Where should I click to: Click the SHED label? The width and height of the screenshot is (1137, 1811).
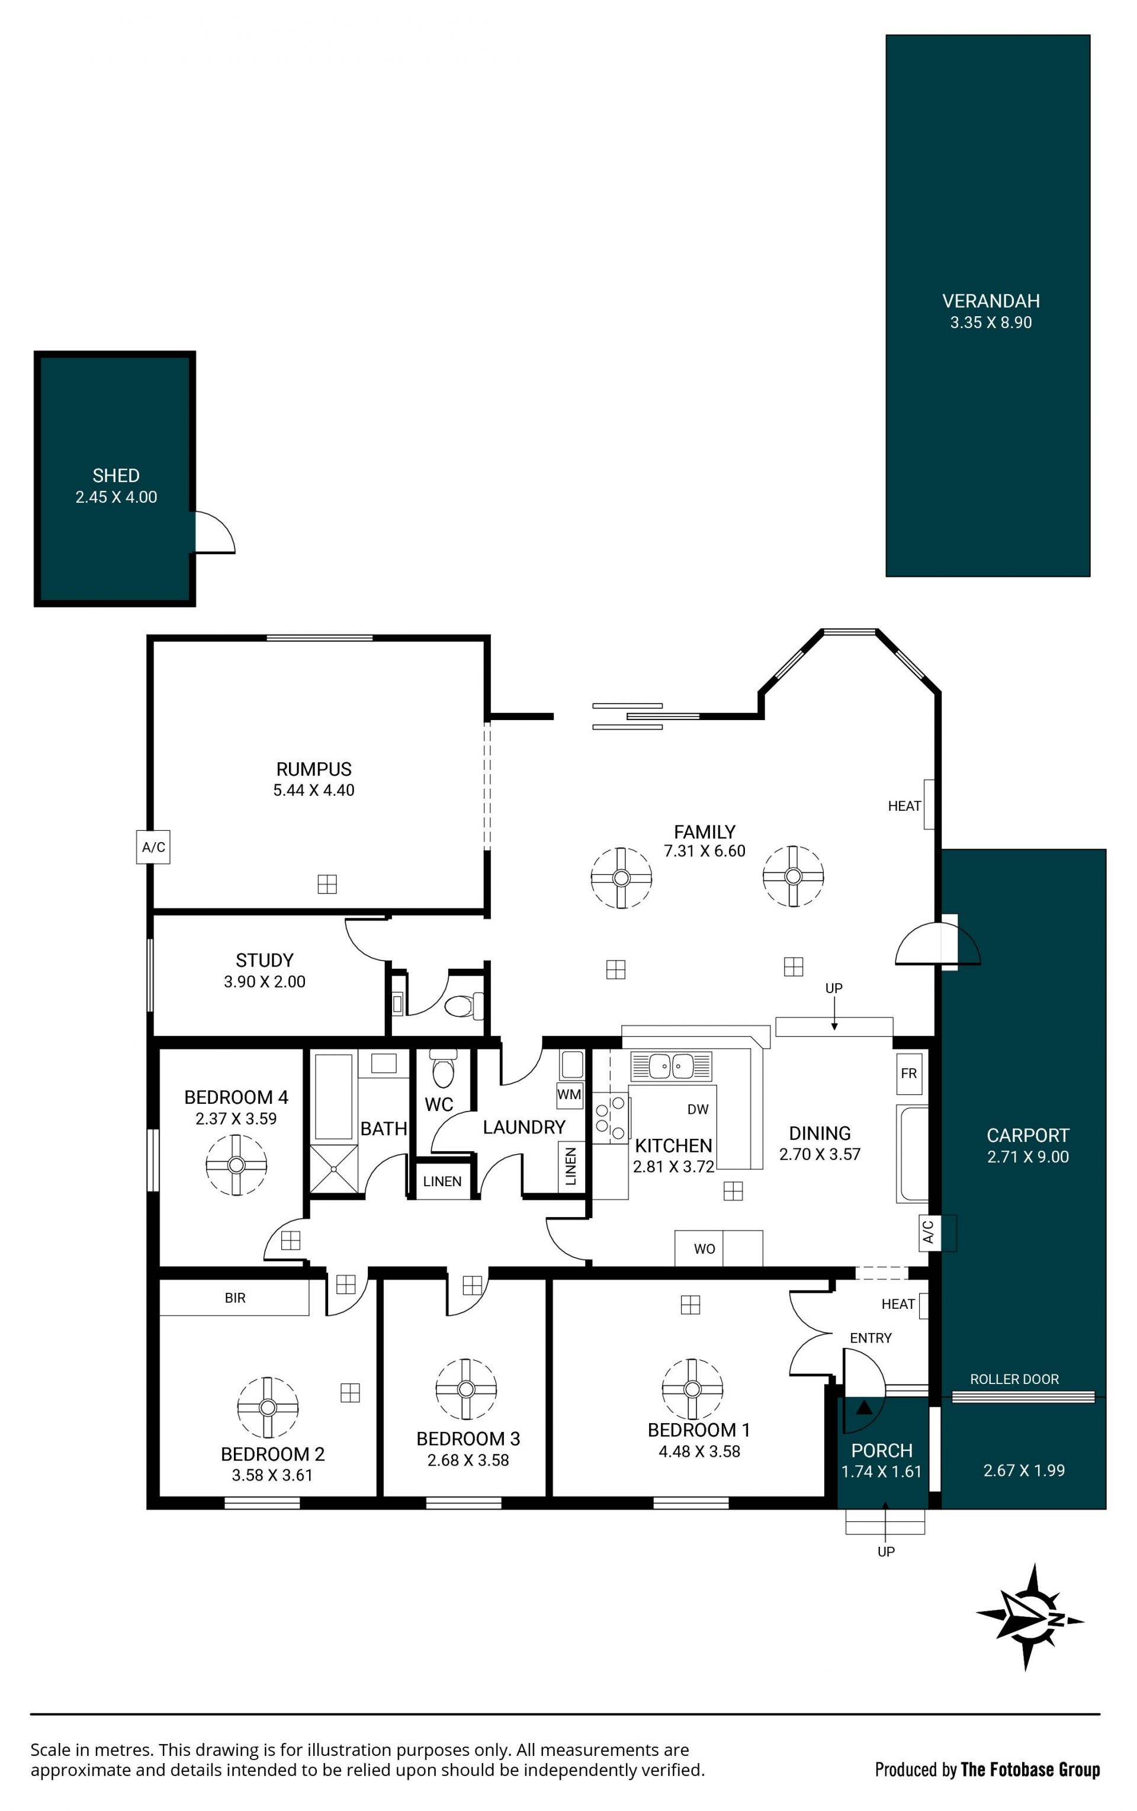click(116, 476)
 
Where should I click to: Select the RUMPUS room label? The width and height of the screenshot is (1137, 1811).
click(314, 769)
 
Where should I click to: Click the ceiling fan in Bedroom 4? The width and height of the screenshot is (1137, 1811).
click(236, 1165)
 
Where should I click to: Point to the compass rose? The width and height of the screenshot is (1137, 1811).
click(1029, 1618)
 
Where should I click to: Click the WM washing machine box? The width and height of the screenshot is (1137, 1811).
click(569, 1095)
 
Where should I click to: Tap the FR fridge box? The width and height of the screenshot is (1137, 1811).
click(908, 1073)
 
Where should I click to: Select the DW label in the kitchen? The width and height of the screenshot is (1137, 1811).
click(698, 1109)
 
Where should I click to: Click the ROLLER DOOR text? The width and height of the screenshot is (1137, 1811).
click(1014, 1379)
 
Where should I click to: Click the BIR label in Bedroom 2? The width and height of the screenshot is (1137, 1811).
click(235, 1298)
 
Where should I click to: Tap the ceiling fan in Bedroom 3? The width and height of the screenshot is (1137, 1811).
click(466, 1389)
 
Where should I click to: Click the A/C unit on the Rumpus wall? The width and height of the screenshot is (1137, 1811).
click(153, 847)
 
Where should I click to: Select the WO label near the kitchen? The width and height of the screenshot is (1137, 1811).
click(705, 1249)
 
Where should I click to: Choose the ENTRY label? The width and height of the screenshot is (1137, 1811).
click(871, 1338)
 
